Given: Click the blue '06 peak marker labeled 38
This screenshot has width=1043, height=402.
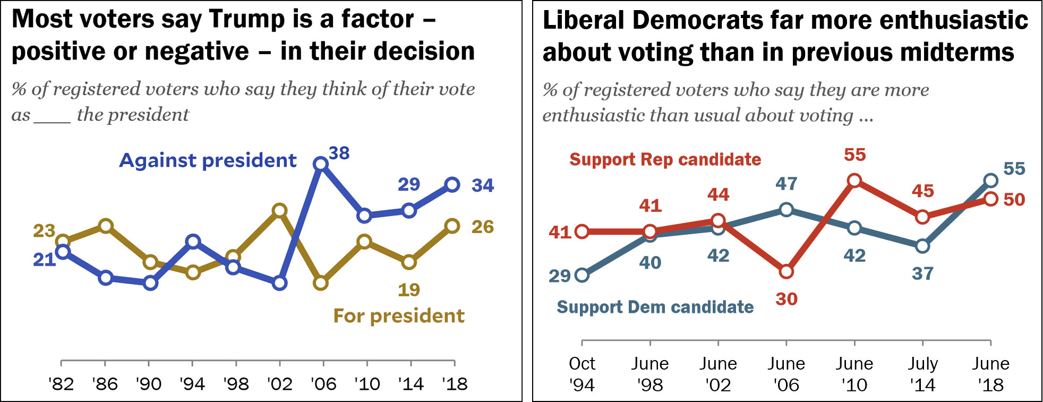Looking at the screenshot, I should click(321, 164).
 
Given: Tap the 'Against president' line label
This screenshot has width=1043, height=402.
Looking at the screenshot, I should click(208, 160).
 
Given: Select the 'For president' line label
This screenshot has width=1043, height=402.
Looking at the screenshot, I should click(398, 316).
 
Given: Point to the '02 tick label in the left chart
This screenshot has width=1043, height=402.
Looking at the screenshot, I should click(280, 383).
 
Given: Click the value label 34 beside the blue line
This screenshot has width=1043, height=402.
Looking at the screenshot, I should click(483, 185).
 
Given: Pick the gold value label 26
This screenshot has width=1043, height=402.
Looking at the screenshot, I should click(483, 227).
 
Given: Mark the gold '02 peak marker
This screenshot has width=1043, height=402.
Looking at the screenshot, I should click(280, 211).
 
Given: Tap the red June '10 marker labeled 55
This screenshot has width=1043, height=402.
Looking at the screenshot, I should click(854, 181).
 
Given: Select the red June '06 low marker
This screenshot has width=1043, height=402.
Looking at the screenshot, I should click(786, 272).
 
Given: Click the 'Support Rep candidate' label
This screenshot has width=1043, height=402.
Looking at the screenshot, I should click(665, 159).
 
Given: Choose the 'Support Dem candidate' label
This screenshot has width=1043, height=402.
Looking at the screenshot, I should click(655, 307).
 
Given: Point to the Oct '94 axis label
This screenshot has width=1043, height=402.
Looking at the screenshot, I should click(582, 374).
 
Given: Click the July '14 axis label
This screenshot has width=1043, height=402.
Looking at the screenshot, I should click(922, 374).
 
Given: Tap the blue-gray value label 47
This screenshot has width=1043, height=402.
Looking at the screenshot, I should click(786, 184).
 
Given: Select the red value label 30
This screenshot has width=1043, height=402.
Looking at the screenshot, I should click(786, 299).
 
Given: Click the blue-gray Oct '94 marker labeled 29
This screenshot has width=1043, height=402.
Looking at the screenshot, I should click(582, 275).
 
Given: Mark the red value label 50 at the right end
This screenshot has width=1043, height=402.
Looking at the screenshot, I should click(1014, 200).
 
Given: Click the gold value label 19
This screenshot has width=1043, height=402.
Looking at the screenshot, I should click(409, 290).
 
